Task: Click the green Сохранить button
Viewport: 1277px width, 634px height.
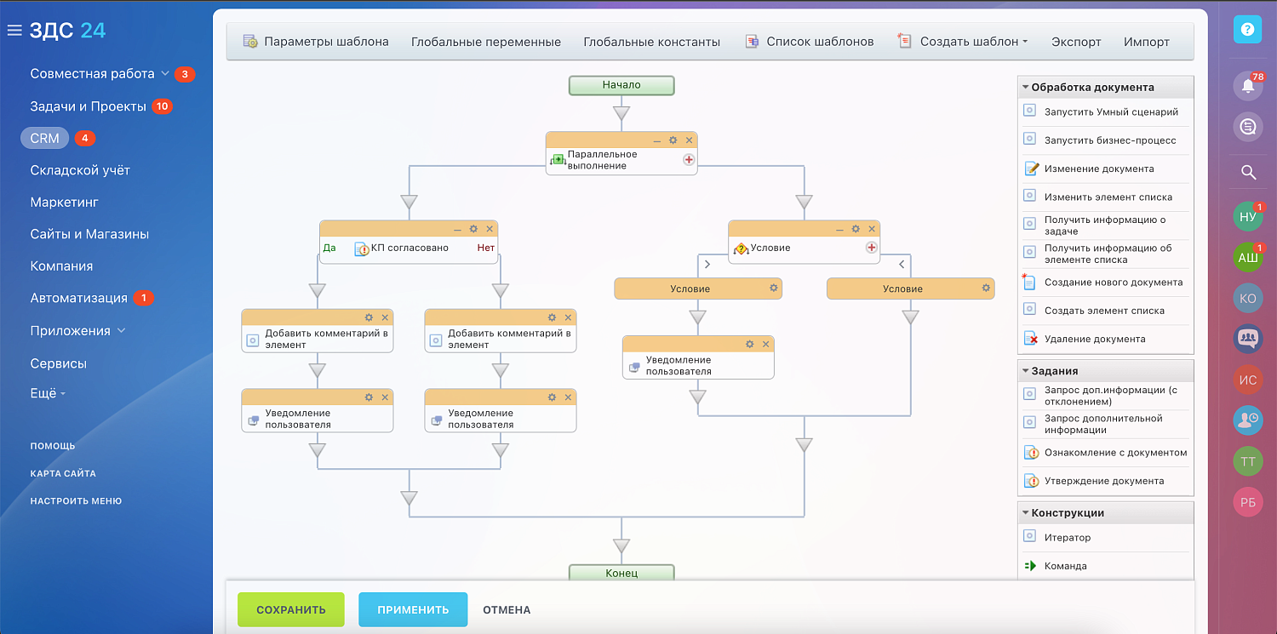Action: (x=290, y=609)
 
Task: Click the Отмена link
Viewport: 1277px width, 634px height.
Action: (x=507, y=609)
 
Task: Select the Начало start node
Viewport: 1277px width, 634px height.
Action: (x=621, y=85)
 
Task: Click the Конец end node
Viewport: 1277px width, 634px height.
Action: (x=621, y=573)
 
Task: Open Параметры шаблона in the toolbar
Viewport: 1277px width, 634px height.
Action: (x=316, y=42)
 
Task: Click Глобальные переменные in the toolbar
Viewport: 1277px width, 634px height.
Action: (x=486, y=42)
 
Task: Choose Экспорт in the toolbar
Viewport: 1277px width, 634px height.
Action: (x=1076, y=42)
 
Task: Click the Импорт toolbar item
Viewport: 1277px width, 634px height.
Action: (x=1146, y=42)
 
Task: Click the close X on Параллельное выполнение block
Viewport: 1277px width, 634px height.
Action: (x=690, y=140)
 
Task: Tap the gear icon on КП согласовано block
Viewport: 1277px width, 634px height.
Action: (x=473, y=229)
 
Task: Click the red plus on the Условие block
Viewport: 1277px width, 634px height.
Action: (x=871, y=248)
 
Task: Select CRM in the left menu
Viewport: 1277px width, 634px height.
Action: (x=45, y=138)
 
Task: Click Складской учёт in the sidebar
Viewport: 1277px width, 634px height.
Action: (x=80, y=170)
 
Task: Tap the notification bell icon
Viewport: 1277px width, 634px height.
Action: (x=1248, y=86)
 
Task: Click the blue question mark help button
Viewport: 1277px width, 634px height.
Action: (x=1248, y=30)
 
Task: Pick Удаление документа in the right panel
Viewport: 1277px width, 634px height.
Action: (x=1094, y=339)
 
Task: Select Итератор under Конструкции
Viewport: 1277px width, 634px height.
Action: (x=1067, y=537)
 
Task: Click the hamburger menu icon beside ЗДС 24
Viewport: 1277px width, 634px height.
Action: (x=14, y=31)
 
